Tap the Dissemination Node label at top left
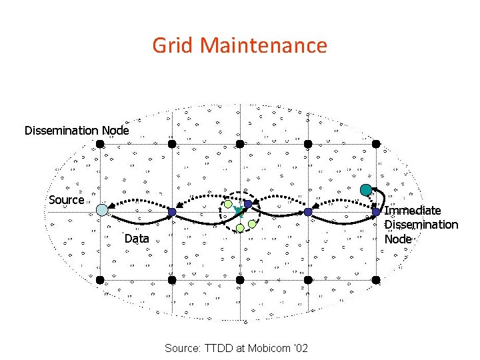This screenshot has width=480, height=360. tap(77, 130)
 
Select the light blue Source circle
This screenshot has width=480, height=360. tap(101, 210)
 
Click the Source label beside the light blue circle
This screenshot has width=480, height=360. tap(67, 199)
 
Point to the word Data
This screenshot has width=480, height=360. tap(137, 238)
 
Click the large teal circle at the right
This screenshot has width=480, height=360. tap(366, 189)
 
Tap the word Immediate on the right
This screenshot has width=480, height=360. tap(413, 211)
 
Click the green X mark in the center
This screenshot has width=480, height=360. tap(238, 212)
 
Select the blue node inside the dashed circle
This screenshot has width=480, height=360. tap(247, 204)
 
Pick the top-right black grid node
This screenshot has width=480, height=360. tap(376, 143)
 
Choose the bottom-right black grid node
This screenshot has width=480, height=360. tap(376, 280)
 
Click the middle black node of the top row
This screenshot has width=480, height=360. tap(240, 143)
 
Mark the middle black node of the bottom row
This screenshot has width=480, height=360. tap(240, 280)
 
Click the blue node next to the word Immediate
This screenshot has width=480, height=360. tap(376, 212)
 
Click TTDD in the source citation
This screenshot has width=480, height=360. tap(221, 348)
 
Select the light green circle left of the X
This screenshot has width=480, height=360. tap(228, 204)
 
